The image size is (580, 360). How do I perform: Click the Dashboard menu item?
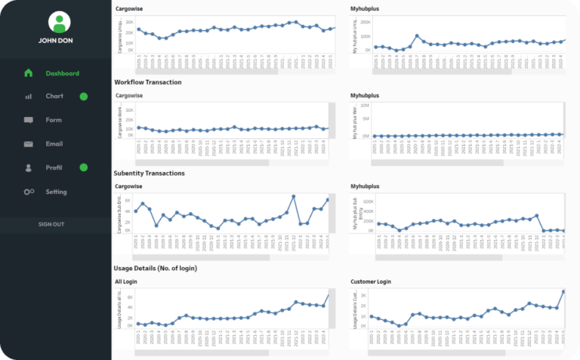click(x=62, y=73)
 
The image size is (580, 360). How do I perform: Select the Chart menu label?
click(x=54, y=97)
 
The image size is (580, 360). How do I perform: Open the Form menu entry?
click(x=54, y=120)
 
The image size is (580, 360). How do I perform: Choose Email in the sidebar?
click(x=54, y=143)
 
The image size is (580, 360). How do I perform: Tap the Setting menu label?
click(x=56, y=192)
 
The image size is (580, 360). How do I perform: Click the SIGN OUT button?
click(x=51, y=224)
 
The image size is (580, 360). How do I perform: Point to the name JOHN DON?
click(x=57, y=42)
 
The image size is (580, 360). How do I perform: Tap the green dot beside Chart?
click(x=84, y=97)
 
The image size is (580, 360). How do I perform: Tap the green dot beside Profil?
click(x=84, y=167)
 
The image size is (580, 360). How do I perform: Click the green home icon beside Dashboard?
click(x=29, y=73)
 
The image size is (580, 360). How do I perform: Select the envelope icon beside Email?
click(x=29, y=144)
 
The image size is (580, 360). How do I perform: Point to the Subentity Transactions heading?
click(x=149, y=173)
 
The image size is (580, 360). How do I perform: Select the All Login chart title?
click(x=127, y=282)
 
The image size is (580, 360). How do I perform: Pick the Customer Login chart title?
click(x=372, y=282)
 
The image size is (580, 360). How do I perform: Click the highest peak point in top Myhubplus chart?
click(x=417, y=35)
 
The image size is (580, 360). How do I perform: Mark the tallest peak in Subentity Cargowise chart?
click(x=294, y=196)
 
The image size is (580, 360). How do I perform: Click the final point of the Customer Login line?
click(x=563, y=291)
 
